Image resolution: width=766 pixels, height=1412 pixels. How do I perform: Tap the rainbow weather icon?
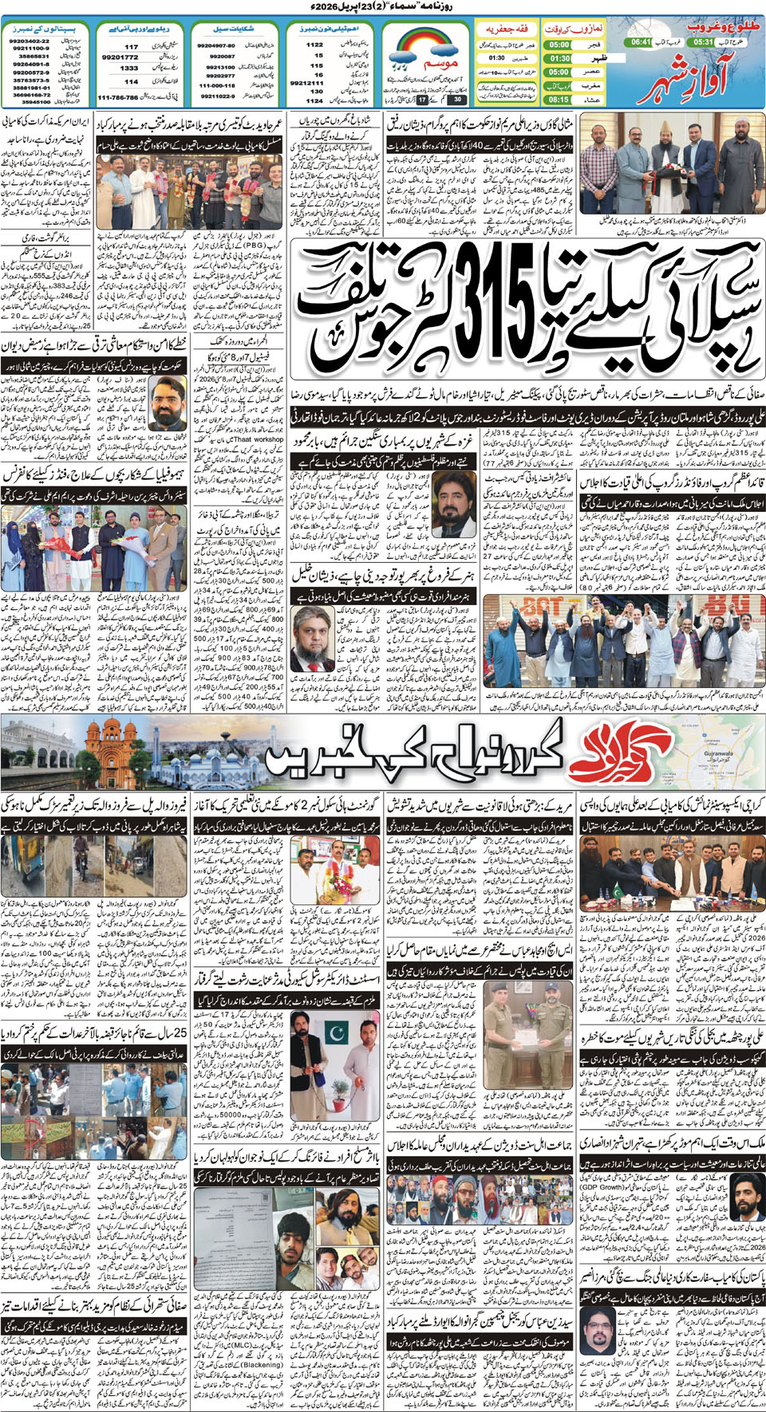coord(424,48)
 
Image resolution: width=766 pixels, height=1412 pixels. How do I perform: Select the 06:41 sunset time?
coord(641,41)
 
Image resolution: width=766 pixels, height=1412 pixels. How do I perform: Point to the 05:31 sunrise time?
coord(703,41)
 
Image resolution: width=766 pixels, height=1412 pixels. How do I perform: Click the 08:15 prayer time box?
coord(559,100)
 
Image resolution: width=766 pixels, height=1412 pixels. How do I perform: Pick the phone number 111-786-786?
coord(117,97)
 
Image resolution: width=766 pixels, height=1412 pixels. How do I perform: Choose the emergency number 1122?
coord(314,45)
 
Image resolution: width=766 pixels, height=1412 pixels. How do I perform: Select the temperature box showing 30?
coord(456,100)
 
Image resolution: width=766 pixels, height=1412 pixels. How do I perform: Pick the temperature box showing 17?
coord(422,100)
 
